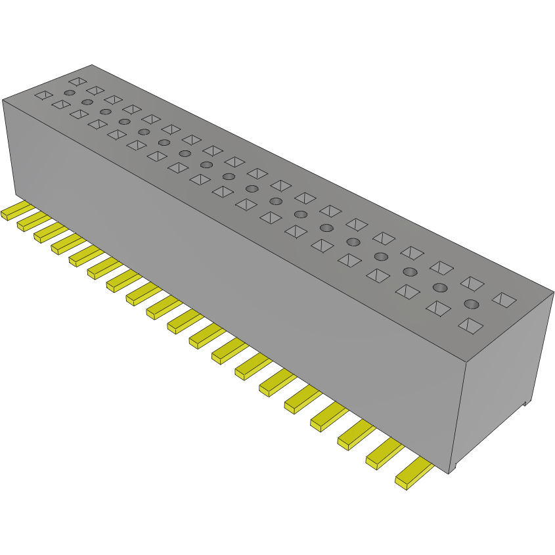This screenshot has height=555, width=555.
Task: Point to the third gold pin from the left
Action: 47,231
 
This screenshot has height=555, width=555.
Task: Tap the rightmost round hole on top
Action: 471,303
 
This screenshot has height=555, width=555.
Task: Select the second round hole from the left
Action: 87,102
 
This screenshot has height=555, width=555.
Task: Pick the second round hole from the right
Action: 440,287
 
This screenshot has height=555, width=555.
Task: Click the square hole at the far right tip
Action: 504,300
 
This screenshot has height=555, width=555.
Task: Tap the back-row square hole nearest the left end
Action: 77,81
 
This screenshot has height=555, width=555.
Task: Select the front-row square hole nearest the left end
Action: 43,95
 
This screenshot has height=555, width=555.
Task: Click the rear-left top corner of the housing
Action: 92,65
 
